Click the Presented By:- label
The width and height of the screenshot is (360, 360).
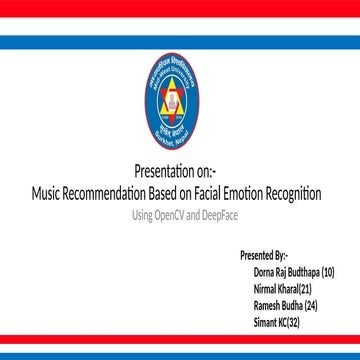pos(264,256)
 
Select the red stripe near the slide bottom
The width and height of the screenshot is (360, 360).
pos(180,338)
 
